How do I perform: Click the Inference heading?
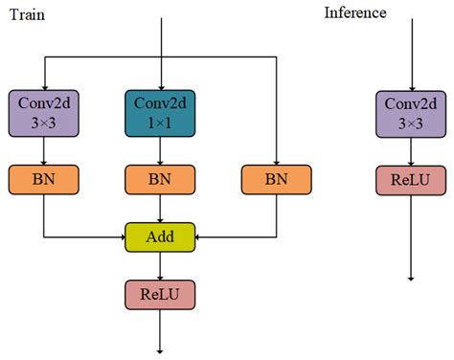coord(355,12)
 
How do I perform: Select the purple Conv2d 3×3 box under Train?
coord(44,112)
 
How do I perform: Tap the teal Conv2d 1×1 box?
coord(160,112)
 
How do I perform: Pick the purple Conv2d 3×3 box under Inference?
coord(410,112)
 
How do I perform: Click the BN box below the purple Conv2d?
coord(44,178)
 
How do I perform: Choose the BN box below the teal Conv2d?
coord(160,178)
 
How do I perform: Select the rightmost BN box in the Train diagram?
coord(276,178)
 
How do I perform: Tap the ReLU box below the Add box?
coord(160,294)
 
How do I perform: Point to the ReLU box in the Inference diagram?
coord(410,178)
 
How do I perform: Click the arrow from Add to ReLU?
coord(160,266)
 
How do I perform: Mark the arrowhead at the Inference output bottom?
coord(410,277)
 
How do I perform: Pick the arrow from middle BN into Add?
coord(160,209)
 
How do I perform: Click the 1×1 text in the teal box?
coord(160,123)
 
